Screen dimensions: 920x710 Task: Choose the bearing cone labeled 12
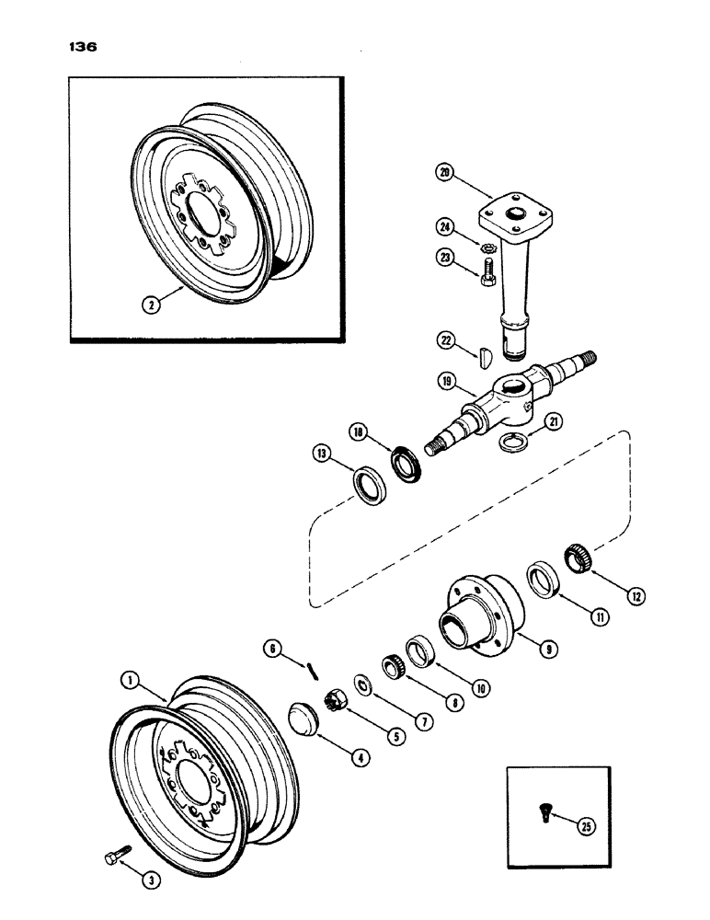pos(576,558)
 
